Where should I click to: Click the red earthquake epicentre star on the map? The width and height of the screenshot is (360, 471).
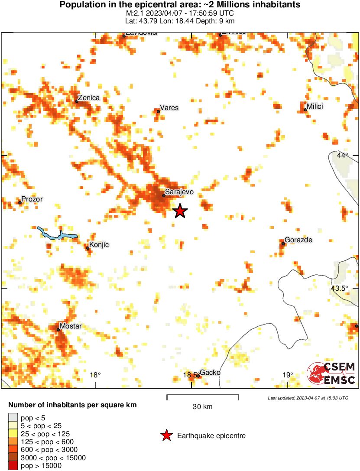pyautogui.click(x=180, y=211)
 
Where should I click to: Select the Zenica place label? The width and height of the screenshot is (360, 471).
pyautogui.click(x=88, y=98)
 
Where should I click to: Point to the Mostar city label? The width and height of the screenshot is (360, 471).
pyautogui.click(x=70, y=326)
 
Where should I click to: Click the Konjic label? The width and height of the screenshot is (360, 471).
pyautogui.click(x=99, y=245)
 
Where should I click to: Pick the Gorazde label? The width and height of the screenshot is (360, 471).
pyautogui.click(x=298, y=240)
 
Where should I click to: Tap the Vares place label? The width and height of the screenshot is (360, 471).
pyautogui.click(x=169, y=107)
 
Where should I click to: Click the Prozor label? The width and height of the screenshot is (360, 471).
pyautogui.click(x=32, y=199)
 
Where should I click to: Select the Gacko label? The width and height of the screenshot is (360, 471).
pyautogui.click(x=210, y=373)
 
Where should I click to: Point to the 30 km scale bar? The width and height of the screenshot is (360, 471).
pyautogui.click(x=203, y=396)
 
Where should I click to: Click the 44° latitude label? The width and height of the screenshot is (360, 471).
pyautogui.click(x=342, y=156)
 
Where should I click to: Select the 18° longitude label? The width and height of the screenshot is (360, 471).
pyautogui.click(x=95, y=375)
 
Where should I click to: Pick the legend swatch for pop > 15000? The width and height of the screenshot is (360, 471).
pyautogui.click(x=13, y=466)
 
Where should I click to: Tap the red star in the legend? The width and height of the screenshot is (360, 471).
pyautogui.click(x=166, y=435)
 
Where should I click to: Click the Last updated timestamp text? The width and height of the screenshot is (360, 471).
pyautogui.click(x=308, y=398)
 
